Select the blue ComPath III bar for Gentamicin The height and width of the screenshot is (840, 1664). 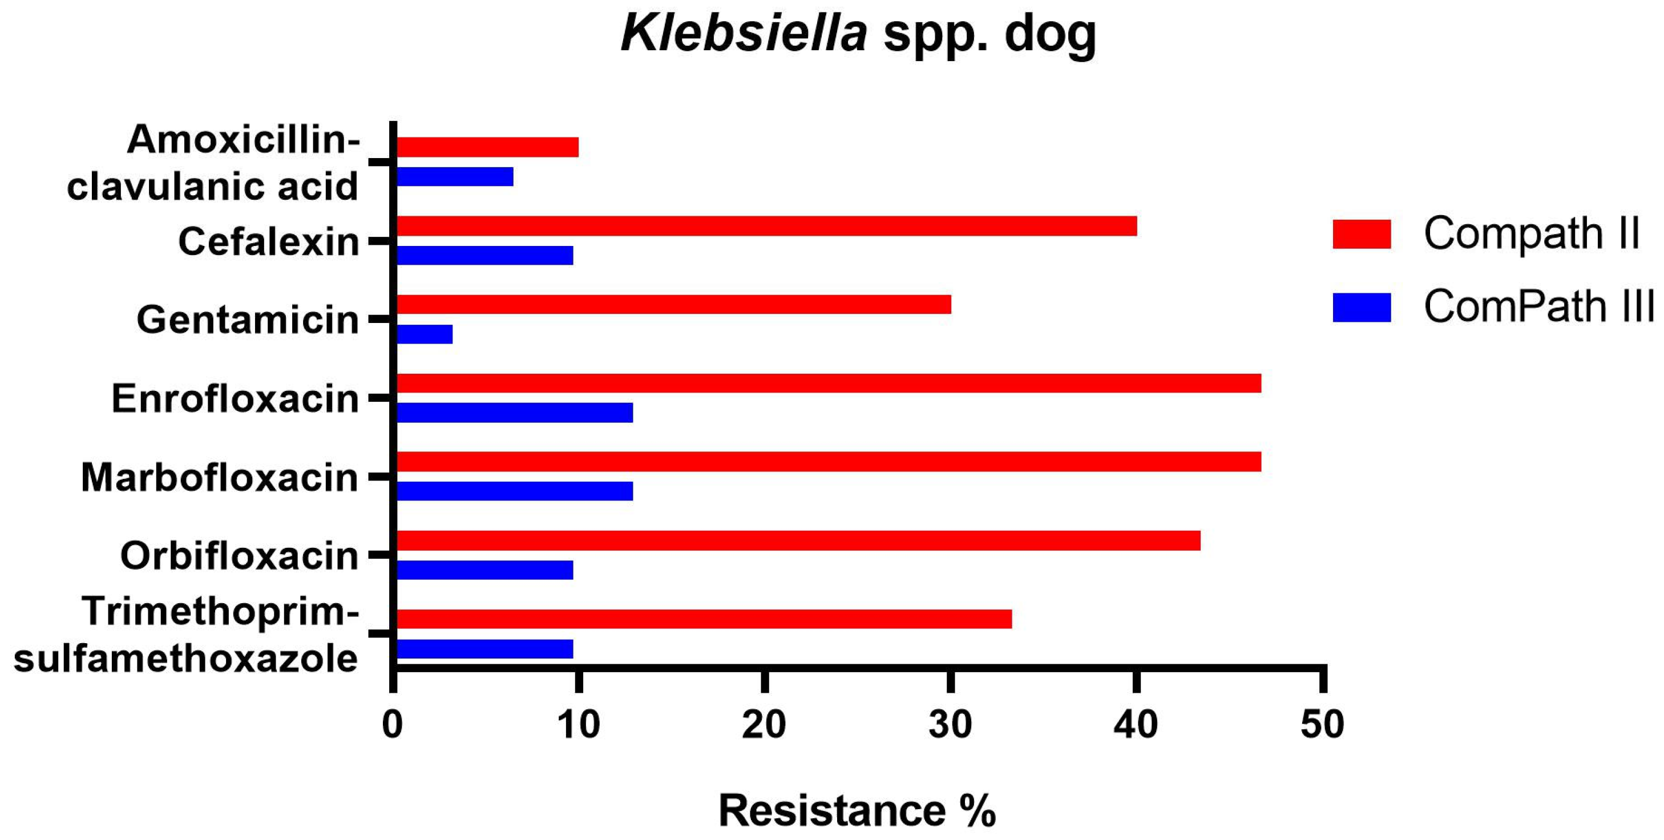click(425, 334)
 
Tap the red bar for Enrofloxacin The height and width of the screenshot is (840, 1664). click(828, 383)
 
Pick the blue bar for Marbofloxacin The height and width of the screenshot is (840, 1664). click(514, 491)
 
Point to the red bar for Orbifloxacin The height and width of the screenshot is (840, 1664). click(798, 541)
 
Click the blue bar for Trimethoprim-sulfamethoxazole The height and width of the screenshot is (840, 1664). click(484, 649)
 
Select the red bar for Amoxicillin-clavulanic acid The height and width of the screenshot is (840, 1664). click(487, 147)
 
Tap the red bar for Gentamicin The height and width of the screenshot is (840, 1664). click(673, 304)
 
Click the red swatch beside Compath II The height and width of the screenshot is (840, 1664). click(1362, 234)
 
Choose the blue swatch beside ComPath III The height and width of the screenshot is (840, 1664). click(1362, 308)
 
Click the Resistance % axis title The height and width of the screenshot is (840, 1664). click(857, 810)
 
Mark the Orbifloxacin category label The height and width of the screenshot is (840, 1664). click(239, 556)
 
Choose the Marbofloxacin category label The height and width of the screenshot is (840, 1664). click(220, 478)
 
